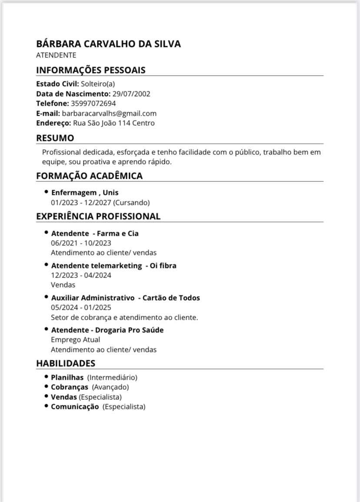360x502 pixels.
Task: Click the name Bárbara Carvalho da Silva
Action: pos(108,44)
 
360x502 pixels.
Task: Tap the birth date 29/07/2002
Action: pos(131,94)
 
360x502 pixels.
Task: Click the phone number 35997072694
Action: pos(93,104)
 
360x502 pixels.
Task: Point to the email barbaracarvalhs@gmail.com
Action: pos(109,113)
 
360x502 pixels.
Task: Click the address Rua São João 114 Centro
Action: pos(113,123)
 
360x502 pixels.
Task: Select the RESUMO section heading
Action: pos(55,138)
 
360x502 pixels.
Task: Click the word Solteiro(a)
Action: pos(98,84)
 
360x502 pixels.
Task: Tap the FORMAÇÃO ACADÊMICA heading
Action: pos(89,176)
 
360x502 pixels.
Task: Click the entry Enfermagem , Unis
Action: pos(85,192)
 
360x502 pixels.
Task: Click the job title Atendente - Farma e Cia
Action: pos(95,234)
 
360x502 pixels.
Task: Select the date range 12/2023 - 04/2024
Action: pos(81,275)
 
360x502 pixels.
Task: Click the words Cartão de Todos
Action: pos(171,298)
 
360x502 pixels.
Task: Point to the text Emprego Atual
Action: pos(75,340)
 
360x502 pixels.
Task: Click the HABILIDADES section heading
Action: pos(65,363)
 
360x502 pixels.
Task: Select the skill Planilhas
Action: pos(67,378)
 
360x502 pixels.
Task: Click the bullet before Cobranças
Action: pos(46,387)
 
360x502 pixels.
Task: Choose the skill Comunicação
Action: pos(75,407)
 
